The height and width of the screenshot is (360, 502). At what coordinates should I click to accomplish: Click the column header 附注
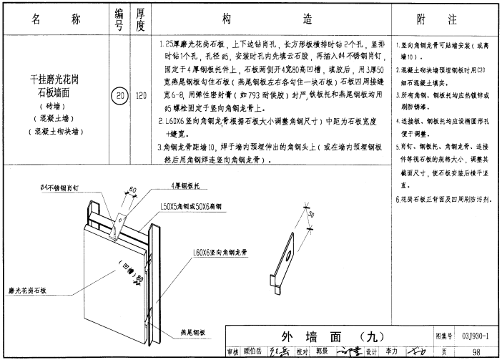446,19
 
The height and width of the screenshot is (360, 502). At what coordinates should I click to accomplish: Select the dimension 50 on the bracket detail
310,214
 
